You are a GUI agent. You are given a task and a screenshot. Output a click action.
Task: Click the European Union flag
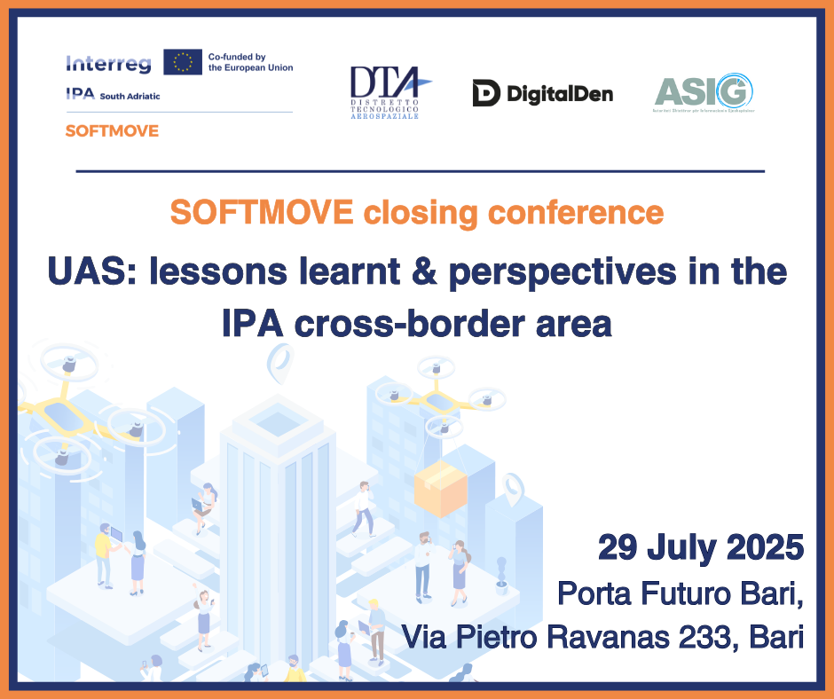183,61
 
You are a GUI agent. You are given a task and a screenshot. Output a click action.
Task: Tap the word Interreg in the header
108,63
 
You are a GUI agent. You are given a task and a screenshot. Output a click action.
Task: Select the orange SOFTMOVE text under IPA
112,130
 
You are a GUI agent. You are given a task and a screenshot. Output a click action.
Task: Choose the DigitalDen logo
542,92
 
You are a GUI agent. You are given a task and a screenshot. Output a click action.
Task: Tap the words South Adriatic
130,95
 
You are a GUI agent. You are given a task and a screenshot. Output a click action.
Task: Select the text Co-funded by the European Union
249,61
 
